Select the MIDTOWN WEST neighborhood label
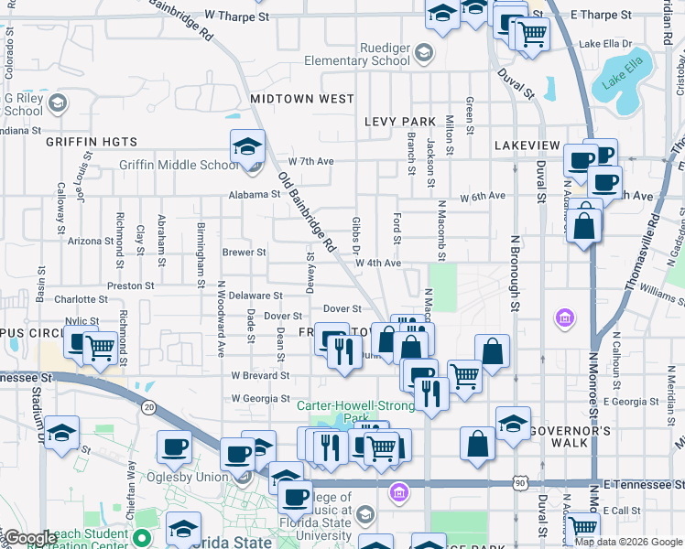tap(301, 98)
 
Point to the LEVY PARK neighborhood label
tap(399, 121)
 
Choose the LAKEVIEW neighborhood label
tap(527, 145)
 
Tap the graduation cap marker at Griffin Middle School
tap(247, 146)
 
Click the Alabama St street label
tap(255, 194)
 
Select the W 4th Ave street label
tap(379, 263)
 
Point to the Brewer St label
tap(244, 252)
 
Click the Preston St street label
tap(125, 285)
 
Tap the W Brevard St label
tap(260, 375)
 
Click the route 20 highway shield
tap(148, 405)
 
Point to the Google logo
tap(30, 538)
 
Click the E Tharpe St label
tap(601, 16)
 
